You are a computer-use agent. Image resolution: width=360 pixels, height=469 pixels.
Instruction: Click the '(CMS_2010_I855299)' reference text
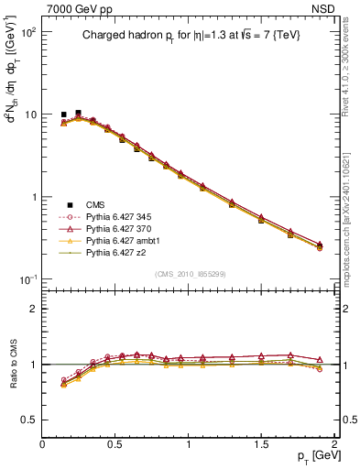[x=187, y=274]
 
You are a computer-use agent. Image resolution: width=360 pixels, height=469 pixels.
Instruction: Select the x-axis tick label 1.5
[x=261, y=444]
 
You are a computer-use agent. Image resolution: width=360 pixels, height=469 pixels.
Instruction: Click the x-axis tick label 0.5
[x=115, y=444]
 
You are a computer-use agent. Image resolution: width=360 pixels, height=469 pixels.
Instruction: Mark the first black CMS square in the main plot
[x=63, y=115]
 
